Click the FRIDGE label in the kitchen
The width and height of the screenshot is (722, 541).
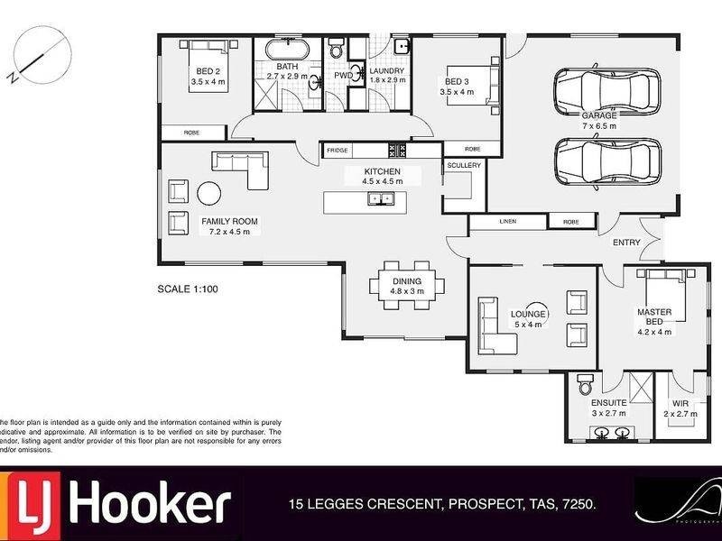pyautogui.click(x=338, y=150)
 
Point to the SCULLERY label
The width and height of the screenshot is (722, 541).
pyautogui.click(x=464, y=166)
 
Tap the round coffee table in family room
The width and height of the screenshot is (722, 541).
pyautogui.click(x=209, y=193)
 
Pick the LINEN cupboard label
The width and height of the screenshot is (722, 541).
pyautogui.click(x=507, y=221)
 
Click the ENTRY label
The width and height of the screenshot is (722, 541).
pyautogui.click(x=626, y=242)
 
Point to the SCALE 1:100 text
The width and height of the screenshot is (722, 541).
pyautogui.click(x=187, y=290)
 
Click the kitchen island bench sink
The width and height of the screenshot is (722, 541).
pyautogui.click(x=380, y=198)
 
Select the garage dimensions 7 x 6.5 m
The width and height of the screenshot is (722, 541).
pyautogui.click(x=598, y=126)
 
